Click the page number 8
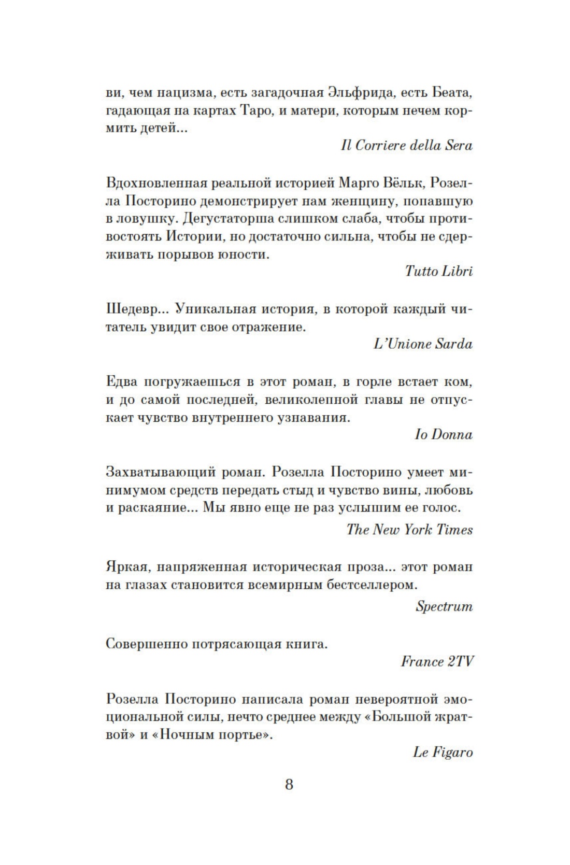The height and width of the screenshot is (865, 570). pos(289,784)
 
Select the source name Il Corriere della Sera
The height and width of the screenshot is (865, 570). pos(406,145)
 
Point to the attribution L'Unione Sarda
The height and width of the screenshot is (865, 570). pos(423,344)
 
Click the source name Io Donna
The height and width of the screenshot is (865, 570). pos(444,434)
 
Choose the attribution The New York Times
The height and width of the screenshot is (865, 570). pos(409,529)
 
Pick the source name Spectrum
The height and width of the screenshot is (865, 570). pos(444,606)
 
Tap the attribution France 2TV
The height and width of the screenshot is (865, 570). pos(437,661)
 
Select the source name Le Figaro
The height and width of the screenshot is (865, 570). pos(443,752)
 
